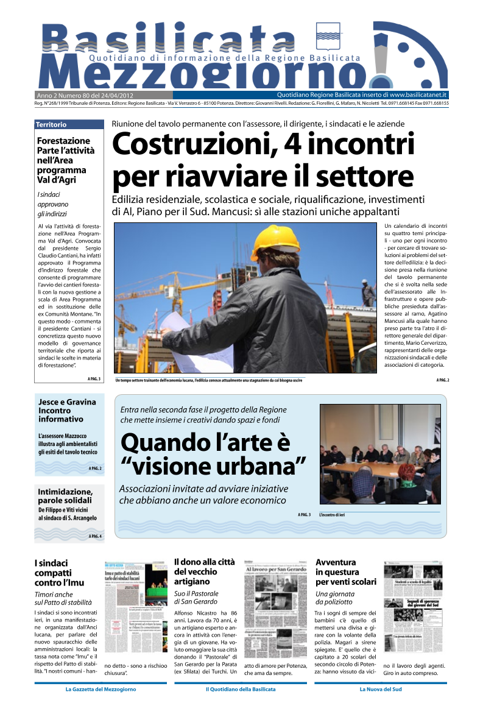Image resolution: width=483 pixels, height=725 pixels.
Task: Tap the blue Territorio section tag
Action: tap(52, 124)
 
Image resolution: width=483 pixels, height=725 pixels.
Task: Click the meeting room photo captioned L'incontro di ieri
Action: tap(379, 454)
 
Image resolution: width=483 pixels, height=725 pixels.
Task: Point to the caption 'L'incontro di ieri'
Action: tap(332, 515)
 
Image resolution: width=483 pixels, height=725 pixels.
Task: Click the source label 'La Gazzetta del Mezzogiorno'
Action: tap(100, 690)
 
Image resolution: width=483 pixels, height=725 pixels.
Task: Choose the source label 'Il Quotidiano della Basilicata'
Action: tap(241, 690)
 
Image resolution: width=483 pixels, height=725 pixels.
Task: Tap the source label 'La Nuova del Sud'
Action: tap(381, 690)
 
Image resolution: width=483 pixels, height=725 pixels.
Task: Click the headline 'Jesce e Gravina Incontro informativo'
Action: tap(67, 411)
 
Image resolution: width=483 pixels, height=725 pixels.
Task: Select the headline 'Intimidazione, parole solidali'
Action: tap(65, 495)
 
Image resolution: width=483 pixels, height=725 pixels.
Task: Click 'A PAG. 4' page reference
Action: tap(95, 536)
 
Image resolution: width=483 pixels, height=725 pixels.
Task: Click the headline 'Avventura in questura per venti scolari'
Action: tap(345, 571)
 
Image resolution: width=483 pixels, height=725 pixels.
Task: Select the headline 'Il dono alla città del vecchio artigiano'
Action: tap(204, 571)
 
